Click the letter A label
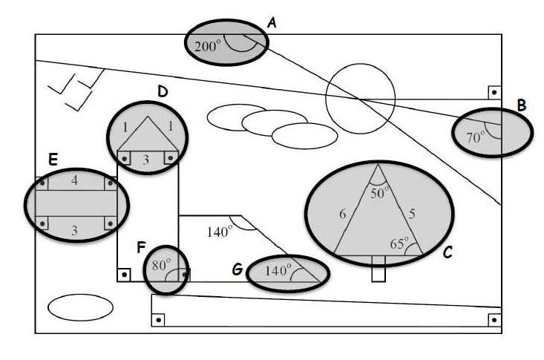click(272, 23)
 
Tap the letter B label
click(522, 105)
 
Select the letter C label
click(448, 252)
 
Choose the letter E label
click(53, 160)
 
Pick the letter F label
click(140, 246)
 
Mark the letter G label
click(237, 269)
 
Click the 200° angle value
click(208, 45)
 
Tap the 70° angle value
click(475, 137)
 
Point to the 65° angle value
click(401, 243)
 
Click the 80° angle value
click(161, 264)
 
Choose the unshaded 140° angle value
click(220, 231)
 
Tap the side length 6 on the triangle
click(342, 215)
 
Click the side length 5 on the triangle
click(412, 213)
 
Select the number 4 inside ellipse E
click(73, 180)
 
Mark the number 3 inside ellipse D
click(146, 158)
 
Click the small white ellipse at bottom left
click(80, 307)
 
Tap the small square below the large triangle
click(378, 271)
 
